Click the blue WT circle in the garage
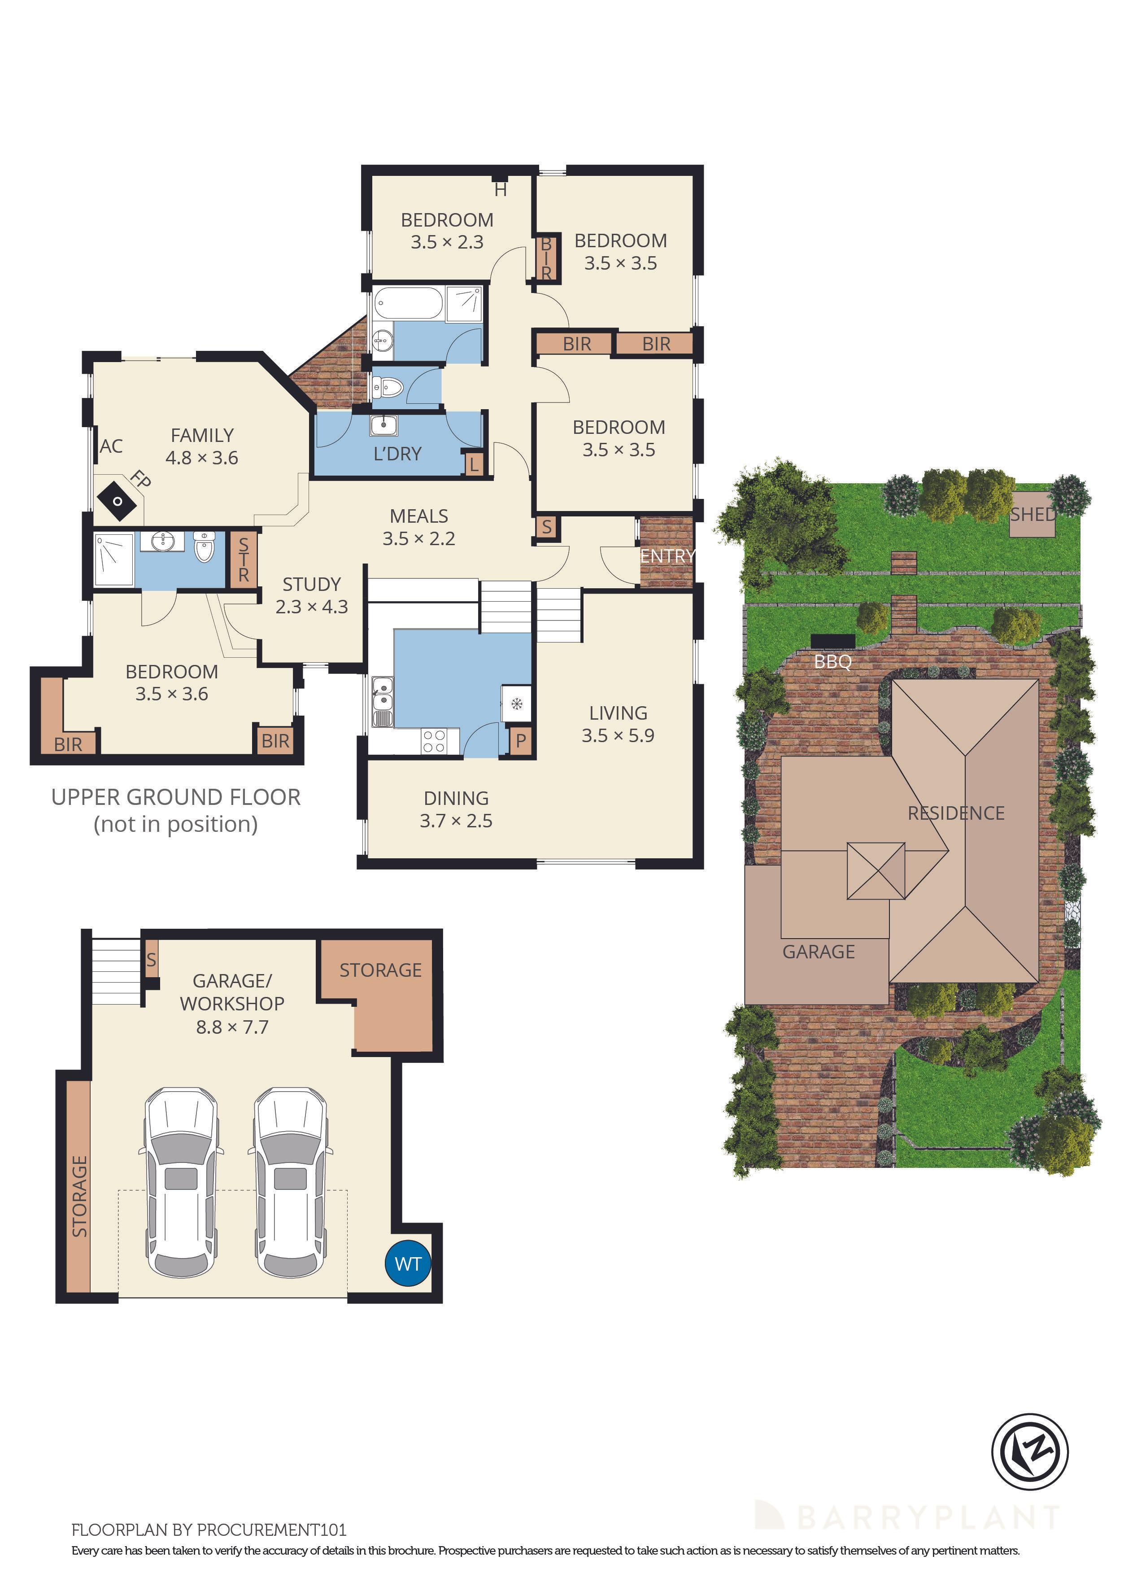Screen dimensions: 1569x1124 click(x=407, y=1263)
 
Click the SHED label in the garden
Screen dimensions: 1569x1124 click(x=1033, y=515)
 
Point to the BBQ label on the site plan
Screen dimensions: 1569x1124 click(x=832, y=661)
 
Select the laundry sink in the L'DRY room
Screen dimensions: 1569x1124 click(x=383, y=425)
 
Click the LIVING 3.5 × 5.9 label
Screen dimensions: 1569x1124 click(x=618, y=724)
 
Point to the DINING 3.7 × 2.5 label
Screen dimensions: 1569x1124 click(x=456, y=809)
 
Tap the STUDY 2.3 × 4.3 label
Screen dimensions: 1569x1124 click(x=311, y=595)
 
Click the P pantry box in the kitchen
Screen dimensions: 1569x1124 click(x=520, y=741)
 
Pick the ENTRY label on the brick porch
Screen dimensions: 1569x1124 click(x=667, y=555)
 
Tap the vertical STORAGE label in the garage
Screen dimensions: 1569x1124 click(x=79, y=1196)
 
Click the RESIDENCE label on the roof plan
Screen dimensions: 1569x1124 click(x=956, y=813)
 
